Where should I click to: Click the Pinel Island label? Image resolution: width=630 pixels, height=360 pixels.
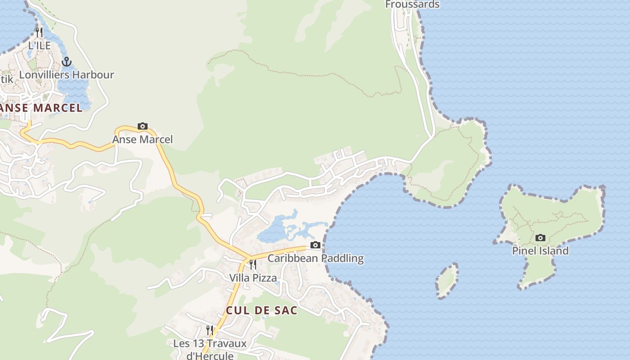(540, 251)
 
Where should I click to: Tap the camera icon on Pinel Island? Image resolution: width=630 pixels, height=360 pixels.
(540, 238)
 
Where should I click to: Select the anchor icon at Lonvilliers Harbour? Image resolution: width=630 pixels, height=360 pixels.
(67, 62)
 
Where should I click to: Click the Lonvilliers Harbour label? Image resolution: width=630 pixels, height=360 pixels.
(67, 75)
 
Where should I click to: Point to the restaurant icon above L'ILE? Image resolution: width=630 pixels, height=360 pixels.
(39, 32)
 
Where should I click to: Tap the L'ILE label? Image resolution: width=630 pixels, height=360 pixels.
(39, 45)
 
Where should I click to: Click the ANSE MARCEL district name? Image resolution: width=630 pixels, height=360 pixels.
(41, 108)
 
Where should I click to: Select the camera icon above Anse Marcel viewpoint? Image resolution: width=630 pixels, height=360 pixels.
(142, 126)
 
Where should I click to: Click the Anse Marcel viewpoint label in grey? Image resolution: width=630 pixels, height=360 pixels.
(142, 139)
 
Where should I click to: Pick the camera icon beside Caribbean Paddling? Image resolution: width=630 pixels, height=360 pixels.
(315, 245)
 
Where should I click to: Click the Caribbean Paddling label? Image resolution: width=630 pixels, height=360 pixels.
(315, 258)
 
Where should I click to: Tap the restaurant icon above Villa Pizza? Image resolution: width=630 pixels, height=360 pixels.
(253, 265)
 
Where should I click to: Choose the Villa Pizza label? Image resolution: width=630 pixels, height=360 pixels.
(253, 278)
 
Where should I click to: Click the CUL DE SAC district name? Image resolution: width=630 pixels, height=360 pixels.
(261, 310)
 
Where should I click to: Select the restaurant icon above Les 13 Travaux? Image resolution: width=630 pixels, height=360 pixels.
(210, 330)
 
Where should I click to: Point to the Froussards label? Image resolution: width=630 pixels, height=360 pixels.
(412, 4)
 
